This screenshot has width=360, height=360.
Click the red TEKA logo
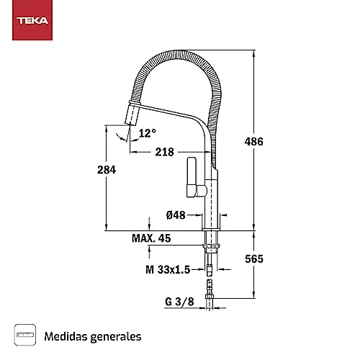(x=32, y=20)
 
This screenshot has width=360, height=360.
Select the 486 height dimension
(x=254, y=141)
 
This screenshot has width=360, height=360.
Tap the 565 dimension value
(x=254, y=258)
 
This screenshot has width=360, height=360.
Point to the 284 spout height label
(x=107, y=170)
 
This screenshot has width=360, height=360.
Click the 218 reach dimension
(x=164, y=152)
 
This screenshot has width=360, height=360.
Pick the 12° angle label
(x=148, y=133)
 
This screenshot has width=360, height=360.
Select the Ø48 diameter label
(x=176, y=215)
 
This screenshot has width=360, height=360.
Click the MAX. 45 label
(x=151, y=238)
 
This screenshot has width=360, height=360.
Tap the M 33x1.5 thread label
(x=168, y=269)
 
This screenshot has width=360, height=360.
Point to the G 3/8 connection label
(x=179, y=302)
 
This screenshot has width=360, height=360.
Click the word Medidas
(x=66, y=336)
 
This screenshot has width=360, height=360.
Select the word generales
(x=116, y=337)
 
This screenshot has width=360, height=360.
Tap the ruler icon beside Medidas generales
(x=25, y=335)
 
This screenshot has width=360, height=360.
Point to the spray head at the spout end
(x=132, y=113)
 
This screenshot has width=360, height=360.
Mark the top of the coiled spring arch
(x=179, y=53)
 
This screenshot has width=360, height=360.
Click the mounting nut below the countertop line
(x=211, y=246)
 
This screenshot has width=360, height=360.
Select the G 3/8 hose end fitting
(x=210, y=297)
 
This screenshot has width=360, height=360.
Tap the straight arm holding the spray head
(x=167, y=111)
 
